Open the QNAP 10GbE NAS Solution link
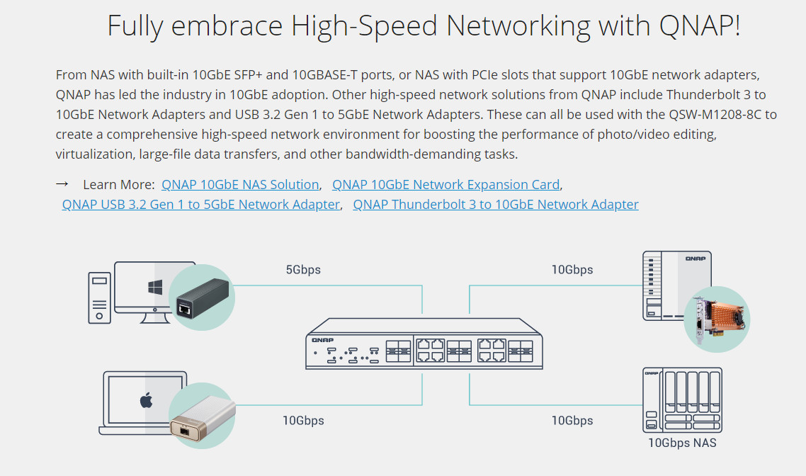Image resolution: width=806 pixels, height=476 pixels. (240, 185)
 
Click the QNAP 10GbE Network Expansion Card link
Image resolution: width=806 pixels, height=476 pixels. (445, 185)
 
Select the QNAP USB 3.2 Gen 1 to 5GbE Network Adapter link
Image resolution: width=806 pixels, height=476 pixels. (201, 205)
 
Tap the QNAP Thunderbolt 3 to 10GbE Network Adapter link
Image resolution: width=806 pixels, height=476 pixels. (496, 205)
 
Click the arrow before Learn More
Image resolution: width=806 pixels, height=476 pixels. (62, 184)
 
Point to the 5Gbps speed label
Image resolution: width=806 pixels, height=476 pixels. (303, 270)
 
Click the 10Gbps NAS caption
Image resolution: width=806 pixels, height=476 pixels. (682, 443)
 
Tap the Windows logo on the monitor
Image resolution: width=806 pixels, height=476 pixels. (155, 287)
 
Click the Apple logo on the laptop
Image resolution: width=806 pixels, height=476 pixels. (146, 400)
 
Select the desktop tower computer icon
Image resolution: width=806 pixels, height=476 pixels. (99, 297)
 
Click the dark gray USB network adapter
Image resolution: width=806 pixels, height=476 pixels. (203, 299)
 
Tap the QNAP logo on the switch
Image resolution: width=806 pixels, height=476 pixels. (322, 340)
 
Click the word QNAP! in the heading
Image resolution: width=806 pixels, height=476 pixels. (700, 25)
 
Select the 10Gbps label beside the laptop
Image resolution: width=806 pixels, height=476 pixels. (303, 421)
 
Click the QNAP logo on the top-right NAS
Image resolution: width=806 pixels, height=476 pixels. (696, 259)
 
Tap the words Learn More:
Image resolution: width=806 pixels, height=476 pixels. (119, 185)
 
